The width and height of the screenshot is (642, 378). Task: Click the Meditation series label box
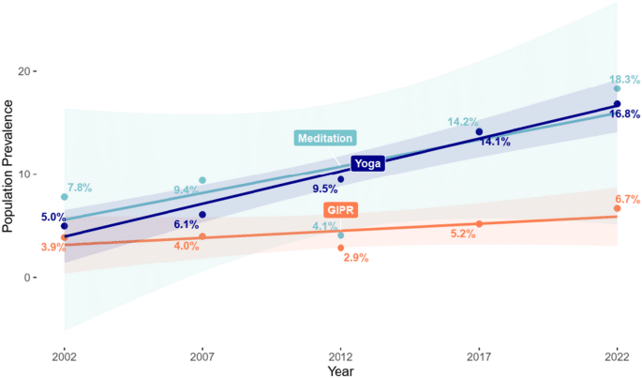pyautogui.click(x=325, y=138)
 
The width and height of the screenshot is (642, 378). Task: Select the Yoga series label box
pyautogui.click(x=367, y=164)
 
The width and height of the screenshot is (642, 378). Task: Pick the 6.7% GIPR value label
pyautogui.click(x=625, y=199)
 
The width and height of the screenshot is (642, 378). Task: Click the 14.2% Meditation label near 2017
pyautogui.click(x=463, y=122)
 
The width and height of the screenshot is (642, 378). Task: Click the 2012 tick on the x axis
pyautogui.click(x=340, y=356)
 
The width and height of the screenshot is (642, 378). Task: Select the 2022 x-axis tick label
pyautogui.click(x=617, y=356)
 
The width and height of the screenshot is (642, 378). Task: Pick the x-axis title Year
pyautogui.click(x=341, y=371)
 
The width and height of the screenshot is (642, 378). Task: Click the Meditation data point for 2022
pyautogui.click(x=617, y=89)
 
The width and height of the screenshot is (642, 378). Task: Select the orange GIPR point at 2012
pyautogui.click(x=340, y=248)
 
